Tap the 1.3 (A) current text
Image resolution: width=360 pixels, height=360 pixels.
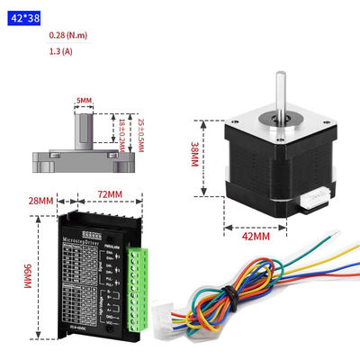62,51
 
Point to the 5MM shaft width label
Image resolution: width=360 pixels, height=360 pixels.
85,100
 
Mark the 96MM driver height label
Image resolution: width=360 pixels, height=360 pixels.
27,275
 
